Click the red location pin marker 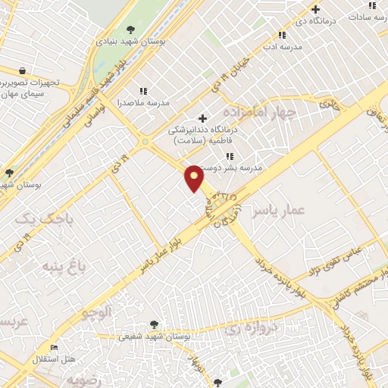[194, 178]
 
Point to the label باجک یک [36, 218]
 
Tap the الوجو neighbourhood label [98, 311]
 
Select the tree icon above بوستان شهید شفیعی [155, 324]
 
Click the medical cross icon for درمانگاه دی [316, 9]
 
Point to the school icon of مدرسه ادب [282, 35]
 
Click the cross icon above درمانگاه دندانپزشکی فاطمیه [202, 117]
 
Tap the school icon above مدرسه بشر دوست [230, 156]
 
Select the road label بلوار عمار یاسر [164, 251]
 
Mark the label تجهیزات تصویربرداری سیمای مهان [30, 87]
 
